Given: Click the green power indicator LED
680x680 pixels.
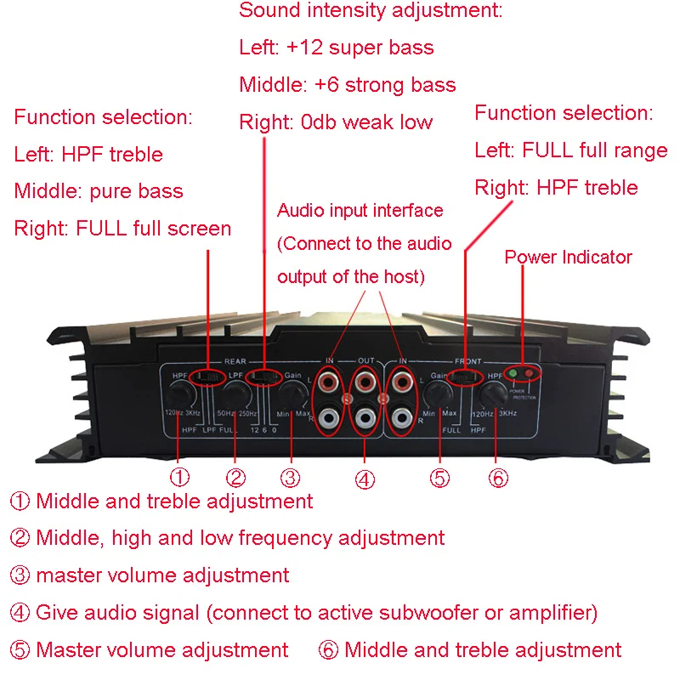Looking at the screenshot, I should tap(513, 373).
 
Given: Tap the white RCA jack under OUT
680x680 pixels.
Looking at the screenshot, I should tap(365, 417).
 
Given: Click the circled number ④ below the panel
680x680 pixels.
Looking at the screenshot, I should tap(365, 479).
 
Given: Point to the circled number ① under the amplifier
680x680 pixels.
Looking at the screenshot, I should tap(181, 478).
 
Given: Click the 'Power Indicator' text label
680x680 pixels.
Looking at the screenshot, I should tap(568, 257).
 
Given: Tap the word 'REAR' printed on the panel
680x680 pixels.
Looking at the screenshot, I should tap(235, 361).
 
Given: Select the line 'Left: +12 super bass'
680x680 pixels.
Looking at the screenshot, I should tap(337, 48).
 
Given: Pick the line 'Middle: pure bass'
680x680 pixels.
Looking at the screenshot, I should tap(99, 190).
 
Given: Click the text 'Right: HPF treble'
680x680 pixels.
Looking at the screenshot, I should tap(556, 187).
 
